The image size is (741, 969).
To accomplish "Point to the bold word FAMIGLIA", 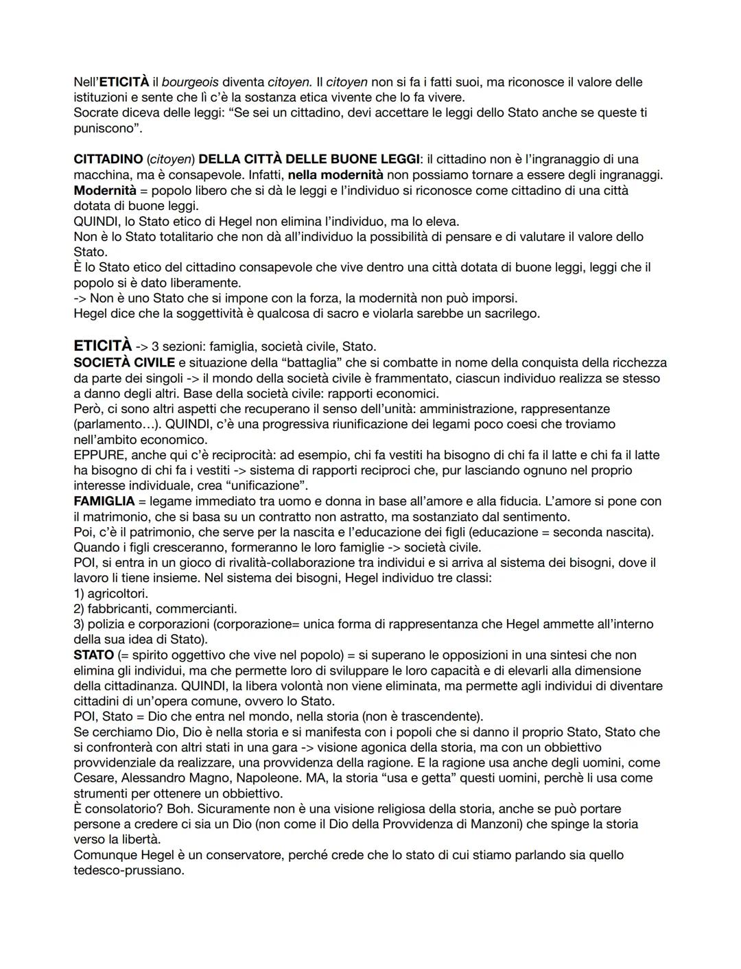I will [x=104, y=501].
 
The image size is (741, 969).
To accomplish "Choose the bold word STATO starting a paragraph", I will [x=93, y=655].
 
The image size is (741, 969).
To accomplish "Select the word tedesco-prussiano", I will [x=128, y=870].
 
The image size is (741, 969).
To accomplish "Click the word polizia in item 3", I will [x=107, y=624].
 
